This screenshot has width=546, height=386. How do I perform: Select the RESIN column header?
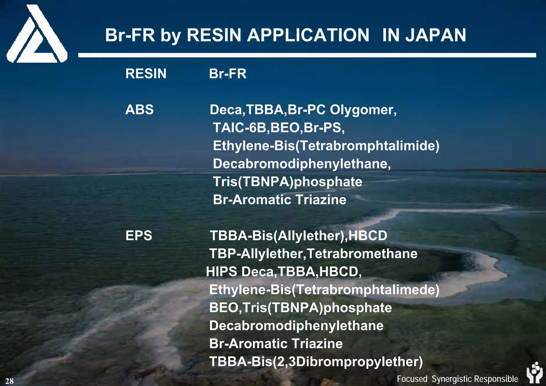click(146, 74)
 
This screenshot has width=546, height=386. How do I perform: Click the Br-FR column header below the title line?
click(228, 74)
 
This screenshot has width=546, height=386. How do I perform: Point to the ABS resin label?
click(139, 110)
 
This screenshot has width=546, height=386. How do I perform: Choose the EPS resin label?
click(139, 236)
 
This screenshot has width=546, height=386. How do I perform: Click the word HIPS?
click(222, 272)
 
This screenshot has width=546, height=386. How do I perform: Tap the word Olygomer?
click(363, 110)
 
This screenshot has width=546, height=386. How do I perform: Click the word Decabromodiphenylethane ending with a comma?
click(302, 164)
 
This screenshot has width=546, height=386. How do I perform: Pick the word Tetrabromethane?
click(362, 254)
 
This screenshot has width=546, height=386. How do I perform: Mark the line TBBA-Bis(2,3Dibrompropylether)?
click(316, 362)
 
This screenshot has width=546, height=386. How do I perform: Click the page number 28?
click(9, 381)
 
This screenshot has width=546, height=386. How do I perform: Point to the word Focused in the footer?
click(412, 379)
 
